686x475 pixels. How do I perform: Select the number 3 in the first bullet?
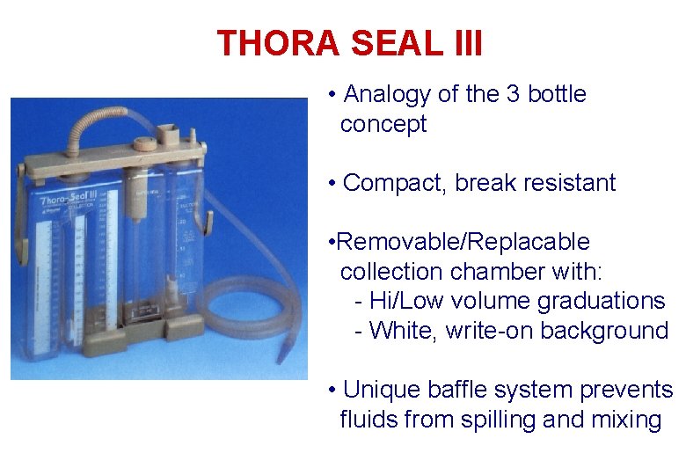click(x=514, y=94)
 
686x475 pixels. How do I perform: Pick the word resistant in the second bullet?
click(x=569, y=183)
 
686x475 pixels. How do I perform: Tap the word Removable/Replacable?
click(x=463, y=242)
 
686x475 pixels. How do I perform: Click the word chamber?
click(x=502, y=271)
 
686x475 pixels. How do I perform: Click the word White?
click(x=403, y=331)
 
